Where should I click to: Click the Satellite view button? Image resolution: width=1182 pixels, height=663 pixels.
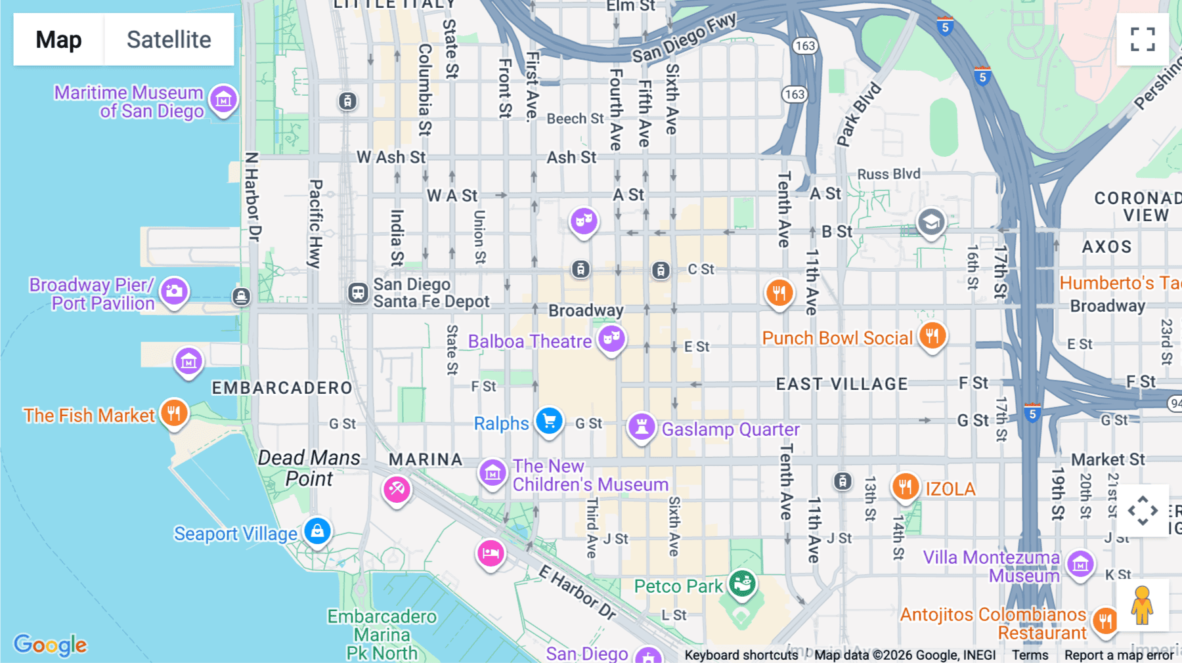(x=169, y=39)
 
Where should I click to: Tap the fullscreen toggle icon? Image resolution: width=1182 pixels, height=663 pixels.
(x=1143, y=39)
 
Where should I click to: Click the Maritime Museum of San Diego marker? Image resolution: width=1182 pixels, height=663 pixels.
(x=223, y=100)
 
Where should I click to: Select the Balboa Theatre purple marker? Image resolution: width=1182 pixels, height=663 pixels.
(x=611, y=339)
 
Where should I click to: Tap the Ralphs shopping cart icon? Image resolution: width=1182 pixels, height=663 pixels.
(x=549, y=421)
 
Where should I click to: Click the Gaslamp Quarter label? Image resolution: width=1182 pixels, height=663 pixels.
(x=730, y=429)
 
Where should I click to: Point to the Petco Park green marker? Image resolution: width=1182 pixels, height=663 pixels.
(x=742, y=582)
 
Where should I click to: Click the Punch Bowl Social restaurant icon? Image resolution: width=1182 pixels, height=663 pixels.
(x=932, y=335)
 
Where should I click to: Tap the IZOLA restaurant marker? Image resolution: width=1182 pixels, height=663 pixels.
(x=905, y=486)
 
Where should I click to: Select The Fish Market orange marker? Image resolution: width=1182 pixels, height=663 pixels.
(x=173, y=413)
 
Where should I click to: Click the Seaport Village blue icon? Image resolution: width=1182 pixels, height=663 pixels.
(x=317, y=530)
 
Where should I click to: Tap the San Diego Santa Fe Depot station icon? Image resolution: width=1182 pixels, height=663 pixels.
(x=358, y=292)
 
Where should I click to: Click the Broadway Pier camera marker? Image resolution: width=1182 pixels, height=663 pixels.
(x=174, y=291)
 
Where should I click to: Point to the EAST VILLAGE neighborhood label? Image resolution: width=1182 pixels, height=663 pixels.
(x=842, y=384)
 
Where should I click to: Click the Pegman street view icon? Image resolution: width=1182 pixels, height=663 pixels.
(x=1142, y=605)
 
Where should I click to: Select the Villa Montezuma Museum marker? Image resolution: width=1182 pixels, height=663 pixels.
(x=1080, y=563)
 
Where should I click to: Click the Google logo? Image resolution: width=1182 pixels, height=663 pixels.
(x=51, y=645)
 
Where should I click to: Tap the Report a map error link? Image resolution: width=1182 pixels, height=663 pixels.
(x=1119, y=655)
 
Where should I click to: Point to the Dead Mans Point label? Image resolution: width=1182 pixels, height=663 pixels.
(x=309, y=468)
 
